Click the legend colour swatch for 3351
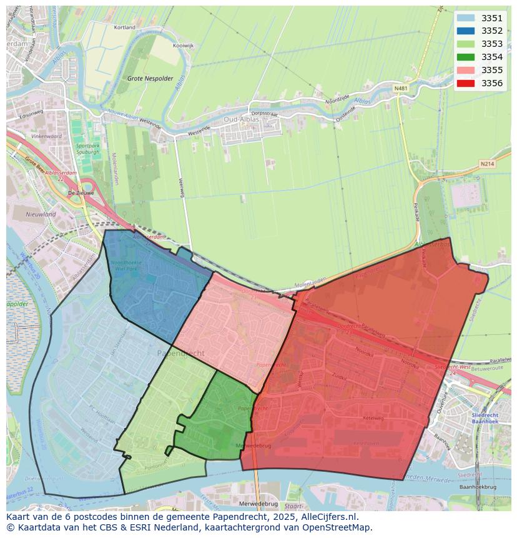click(465, 18)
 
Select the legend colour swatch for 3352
click(465, 31)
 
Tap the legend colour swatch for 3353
click(465, 44)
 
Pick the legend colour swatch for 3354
click(465, 57)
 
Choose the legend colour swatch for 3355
click(465, 70)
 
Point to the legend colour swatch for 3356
click(465, 83)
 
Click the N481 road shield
click(401, 89)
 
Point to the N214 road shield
click(487, 164)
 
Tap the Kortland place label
click(125, 27)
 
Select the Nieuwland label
click(41, 214)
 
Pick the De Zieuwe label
click(81, 193)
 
